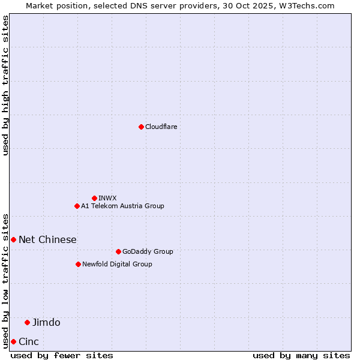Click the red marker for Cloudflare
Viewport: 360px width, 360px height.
[x=141, y=127]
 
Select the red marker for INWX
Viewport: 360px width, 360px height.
[x=94, y=198]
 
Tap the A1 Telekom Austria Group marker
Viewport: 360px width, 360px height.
[x=77, y=206]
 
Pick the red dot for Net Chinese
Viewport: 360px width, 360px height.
[x=13, y=239]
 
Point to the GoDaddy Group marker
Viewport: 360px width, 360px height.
[x=118, y=251]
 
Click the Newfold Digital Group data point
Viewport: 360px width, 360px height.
[x=78, y=264]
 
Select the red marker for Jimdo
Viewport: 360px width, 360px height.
[x=27, y=322]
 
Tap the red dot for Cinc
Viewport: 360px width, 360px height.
[x=13, y=341]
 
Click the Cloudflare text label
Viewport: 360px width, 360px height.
[x=161, y=127]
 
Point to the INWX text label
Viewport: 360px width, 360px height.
[x=107, y=198]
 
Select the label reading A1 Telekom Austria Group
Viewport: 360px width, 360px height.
[x=122, y=206]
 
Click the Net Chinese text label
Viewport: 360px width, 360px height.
[x=47, y=239]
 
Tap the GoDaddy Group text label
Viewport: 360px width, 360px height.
[x=148, y=251]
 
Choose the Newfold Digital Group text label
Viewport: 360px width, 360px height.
[x=117, y=264]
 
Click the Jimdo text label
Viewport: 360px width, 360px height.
[x=46, y=322]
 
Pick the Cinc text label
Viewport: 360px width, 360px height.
[x=29, y=341]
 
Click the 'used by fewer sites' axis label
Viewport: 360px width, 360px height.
[x=62, y=355]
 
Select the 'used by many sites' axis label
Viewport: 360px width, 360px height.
[x=301, y=355]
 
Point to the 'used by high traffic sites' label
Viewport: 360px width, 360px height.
[x=5, y=85]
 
